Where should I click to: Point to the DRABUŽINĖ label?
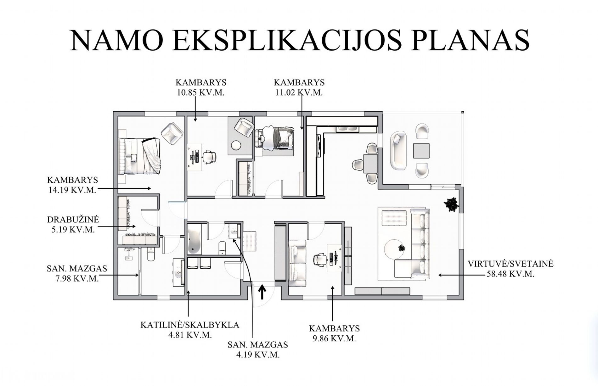pyautogui.click(x=73, y=219)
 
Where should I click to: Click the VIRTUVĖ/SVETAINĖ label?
pyautogui.click(x=511, y=264)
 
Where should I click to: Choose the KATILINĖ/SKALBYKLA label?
pyautogui.click(x=190, y=325)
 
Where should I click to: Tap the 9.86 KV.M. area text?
pyautogui.click(x=334, y=339)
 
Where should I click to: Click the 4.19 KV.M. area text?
pyautogui.click(x=258, y=355)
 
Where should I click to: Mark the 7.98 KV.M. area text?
pyautogui.click(x=77, y=279)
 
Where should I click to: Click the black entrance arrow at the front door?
pyautogui.click(x=262, y=292)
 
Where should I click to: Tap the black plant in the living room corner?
pyautogui.click(x=451, y=205)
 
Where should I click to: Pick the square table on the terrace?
pyautogui.click(x=421, y=151)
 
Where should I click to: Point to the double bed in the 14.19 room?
pyautogui.click(x=140, y=156)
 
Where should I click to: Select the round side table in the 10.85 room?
pyautogui.click(x=236, y=145)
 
